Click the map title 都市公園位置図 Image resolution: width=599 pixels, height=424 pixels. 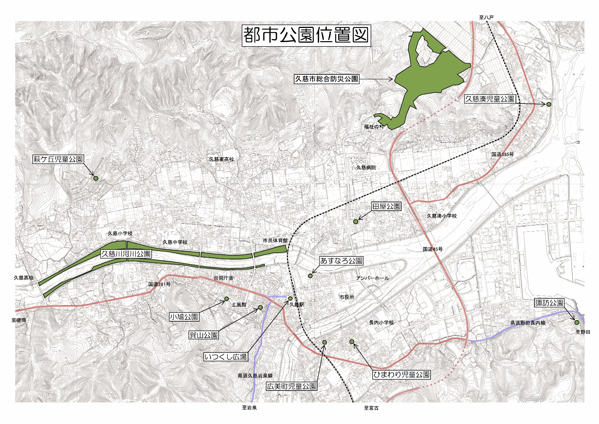tap(306, 35)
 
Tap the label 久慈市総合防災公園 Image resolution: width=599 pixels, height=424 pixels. tap(326, 79)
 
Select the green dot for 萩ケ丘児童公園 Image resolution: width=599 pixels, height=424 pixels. tap(95, 178)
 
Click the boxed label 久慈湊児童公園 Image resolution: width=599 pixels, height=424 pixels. tap(490, 99)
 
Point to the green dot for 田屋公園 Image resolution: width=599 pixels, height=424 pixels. tap(356, 222)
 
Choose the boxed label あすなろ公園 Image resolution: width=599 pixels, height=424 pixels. tap(341, 261)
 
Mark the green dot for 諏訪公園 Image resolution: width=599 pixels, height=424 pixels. tap(577, 322)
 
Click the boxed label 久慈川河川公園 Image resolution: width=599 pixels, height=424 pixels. tap(126, 254)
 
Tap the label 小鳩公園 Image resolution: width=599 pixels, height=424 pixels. tap(184, 317)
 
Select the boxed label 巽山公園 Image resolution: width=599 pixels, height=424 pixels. tap(204, 335)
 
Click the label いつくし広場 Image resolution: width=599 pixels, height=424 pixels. tap(226, 356)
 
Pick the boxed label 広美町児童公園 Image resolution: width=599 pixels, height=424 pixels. tap(291, 386)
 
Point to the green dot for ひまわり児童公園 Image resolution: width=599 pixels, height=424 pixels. tap(352, 342)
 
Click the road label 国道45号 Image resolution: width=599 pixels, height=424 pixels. tap(433, 249)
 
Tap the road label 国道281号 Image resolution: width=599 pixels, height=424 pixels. tap(159, 284)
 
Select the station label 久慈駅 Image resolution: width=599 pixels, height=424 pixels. tap(297, 304)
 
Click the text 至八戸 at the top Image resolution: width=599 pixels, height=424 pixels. tap(486, 17)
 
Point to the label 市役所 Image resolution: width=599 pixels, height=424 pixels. tap(346, 297)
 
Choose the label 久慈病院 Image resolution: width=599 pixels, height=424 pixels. tap(366, 167)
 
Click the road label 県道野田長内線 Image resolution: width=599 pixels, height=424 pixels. tap(528, 323)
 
